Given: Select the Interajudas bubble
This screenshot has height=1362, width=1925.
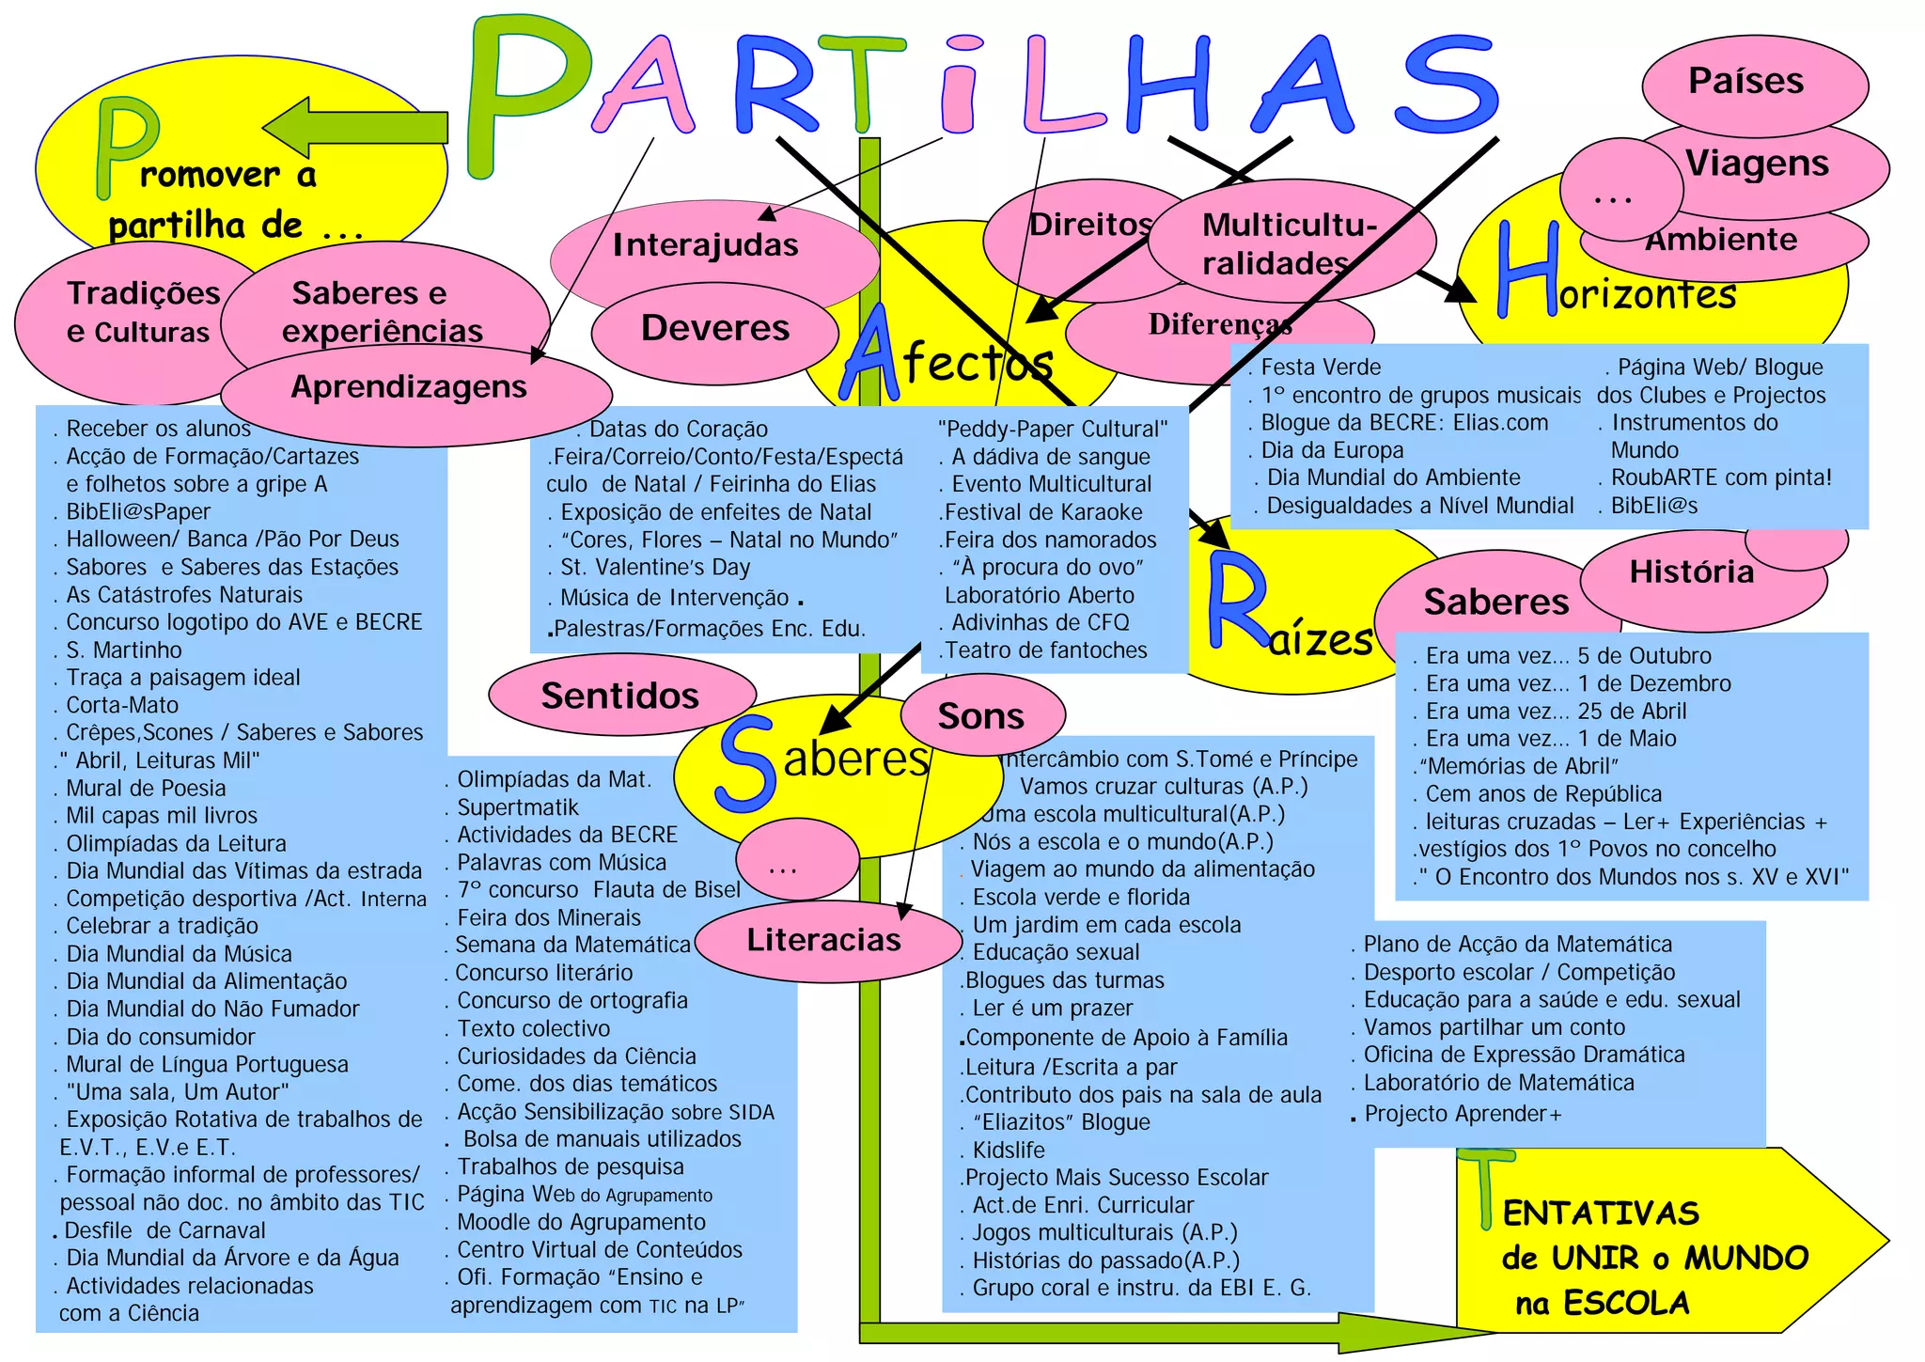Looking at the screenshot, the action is [x=705, y=246].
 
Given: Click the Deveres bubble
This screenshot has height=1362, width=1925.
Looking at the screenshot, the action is [x=714, y=329].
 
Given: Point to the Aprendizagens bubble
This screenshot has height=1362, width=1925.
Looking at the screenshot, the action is [x=409, y=388].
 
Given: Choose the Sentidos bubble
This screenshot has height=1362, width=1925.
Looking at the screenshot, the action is [x=620, y=696].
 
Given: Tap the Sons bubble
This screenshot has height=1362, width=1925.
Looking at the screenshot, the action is [x=981, y=716].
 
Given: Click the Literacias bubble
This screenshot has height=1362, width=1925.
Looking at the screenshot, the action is [x=824, y=940].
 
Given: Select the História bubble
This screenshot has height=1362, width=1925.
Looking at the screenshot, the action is [x=1692, y=572].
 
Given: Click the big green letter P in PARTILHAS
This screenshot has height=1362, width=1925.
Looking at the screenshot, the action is [x=526, y=94].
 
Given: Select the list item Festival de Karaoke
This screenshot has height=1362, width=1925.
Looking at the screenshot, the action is [x=1043, y=512].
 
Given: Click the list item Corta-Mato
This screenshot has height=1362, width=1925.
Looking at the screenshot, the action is [x=122, y=705].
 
